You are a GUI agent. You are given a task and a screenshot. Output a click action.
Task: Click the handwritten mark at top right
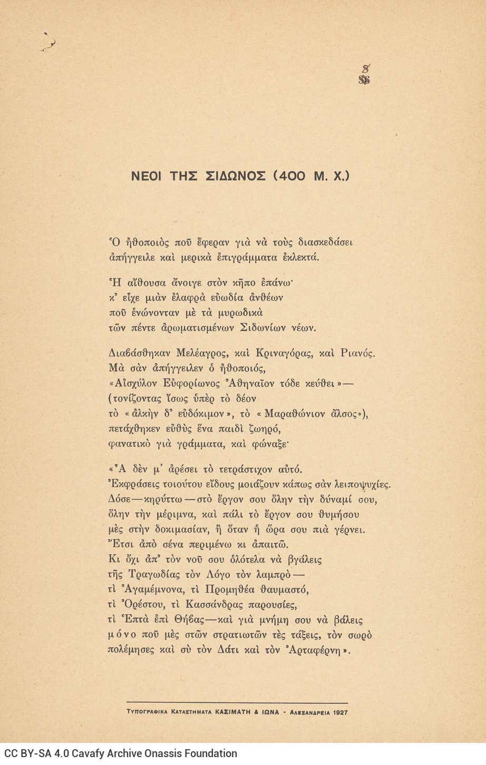[x=364, y=74]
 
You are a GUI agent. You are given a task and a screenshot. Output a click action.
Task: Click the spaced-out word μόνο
[x=123, y=635]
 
